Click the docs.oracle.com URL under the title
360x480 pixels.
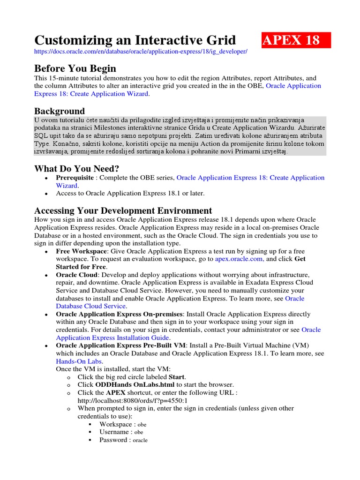pos(141,51)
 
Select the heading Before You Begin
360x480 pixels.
pos(75,68)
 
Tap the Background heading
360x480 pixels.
pos(60,111)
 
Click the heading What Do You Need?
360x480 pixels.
pos(77,168)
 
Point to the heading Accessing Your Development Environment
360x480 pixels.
pos(123,210)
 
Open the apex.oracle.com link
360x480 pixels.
pos(239,259)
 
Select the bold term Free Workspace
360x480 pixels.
pos(81,251)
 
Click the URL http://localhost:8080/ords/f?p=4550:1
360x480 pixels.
pos(133,400)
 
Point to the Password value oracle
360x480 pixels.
pos(140,440)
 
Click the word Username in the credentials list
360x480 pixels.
pos(114,432)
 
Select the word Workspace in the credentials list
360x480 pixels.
pos(115,424)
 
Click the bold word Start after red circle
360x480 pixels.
pos(177,377)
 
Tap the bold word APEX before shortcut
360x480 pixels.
pos(115,393)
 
